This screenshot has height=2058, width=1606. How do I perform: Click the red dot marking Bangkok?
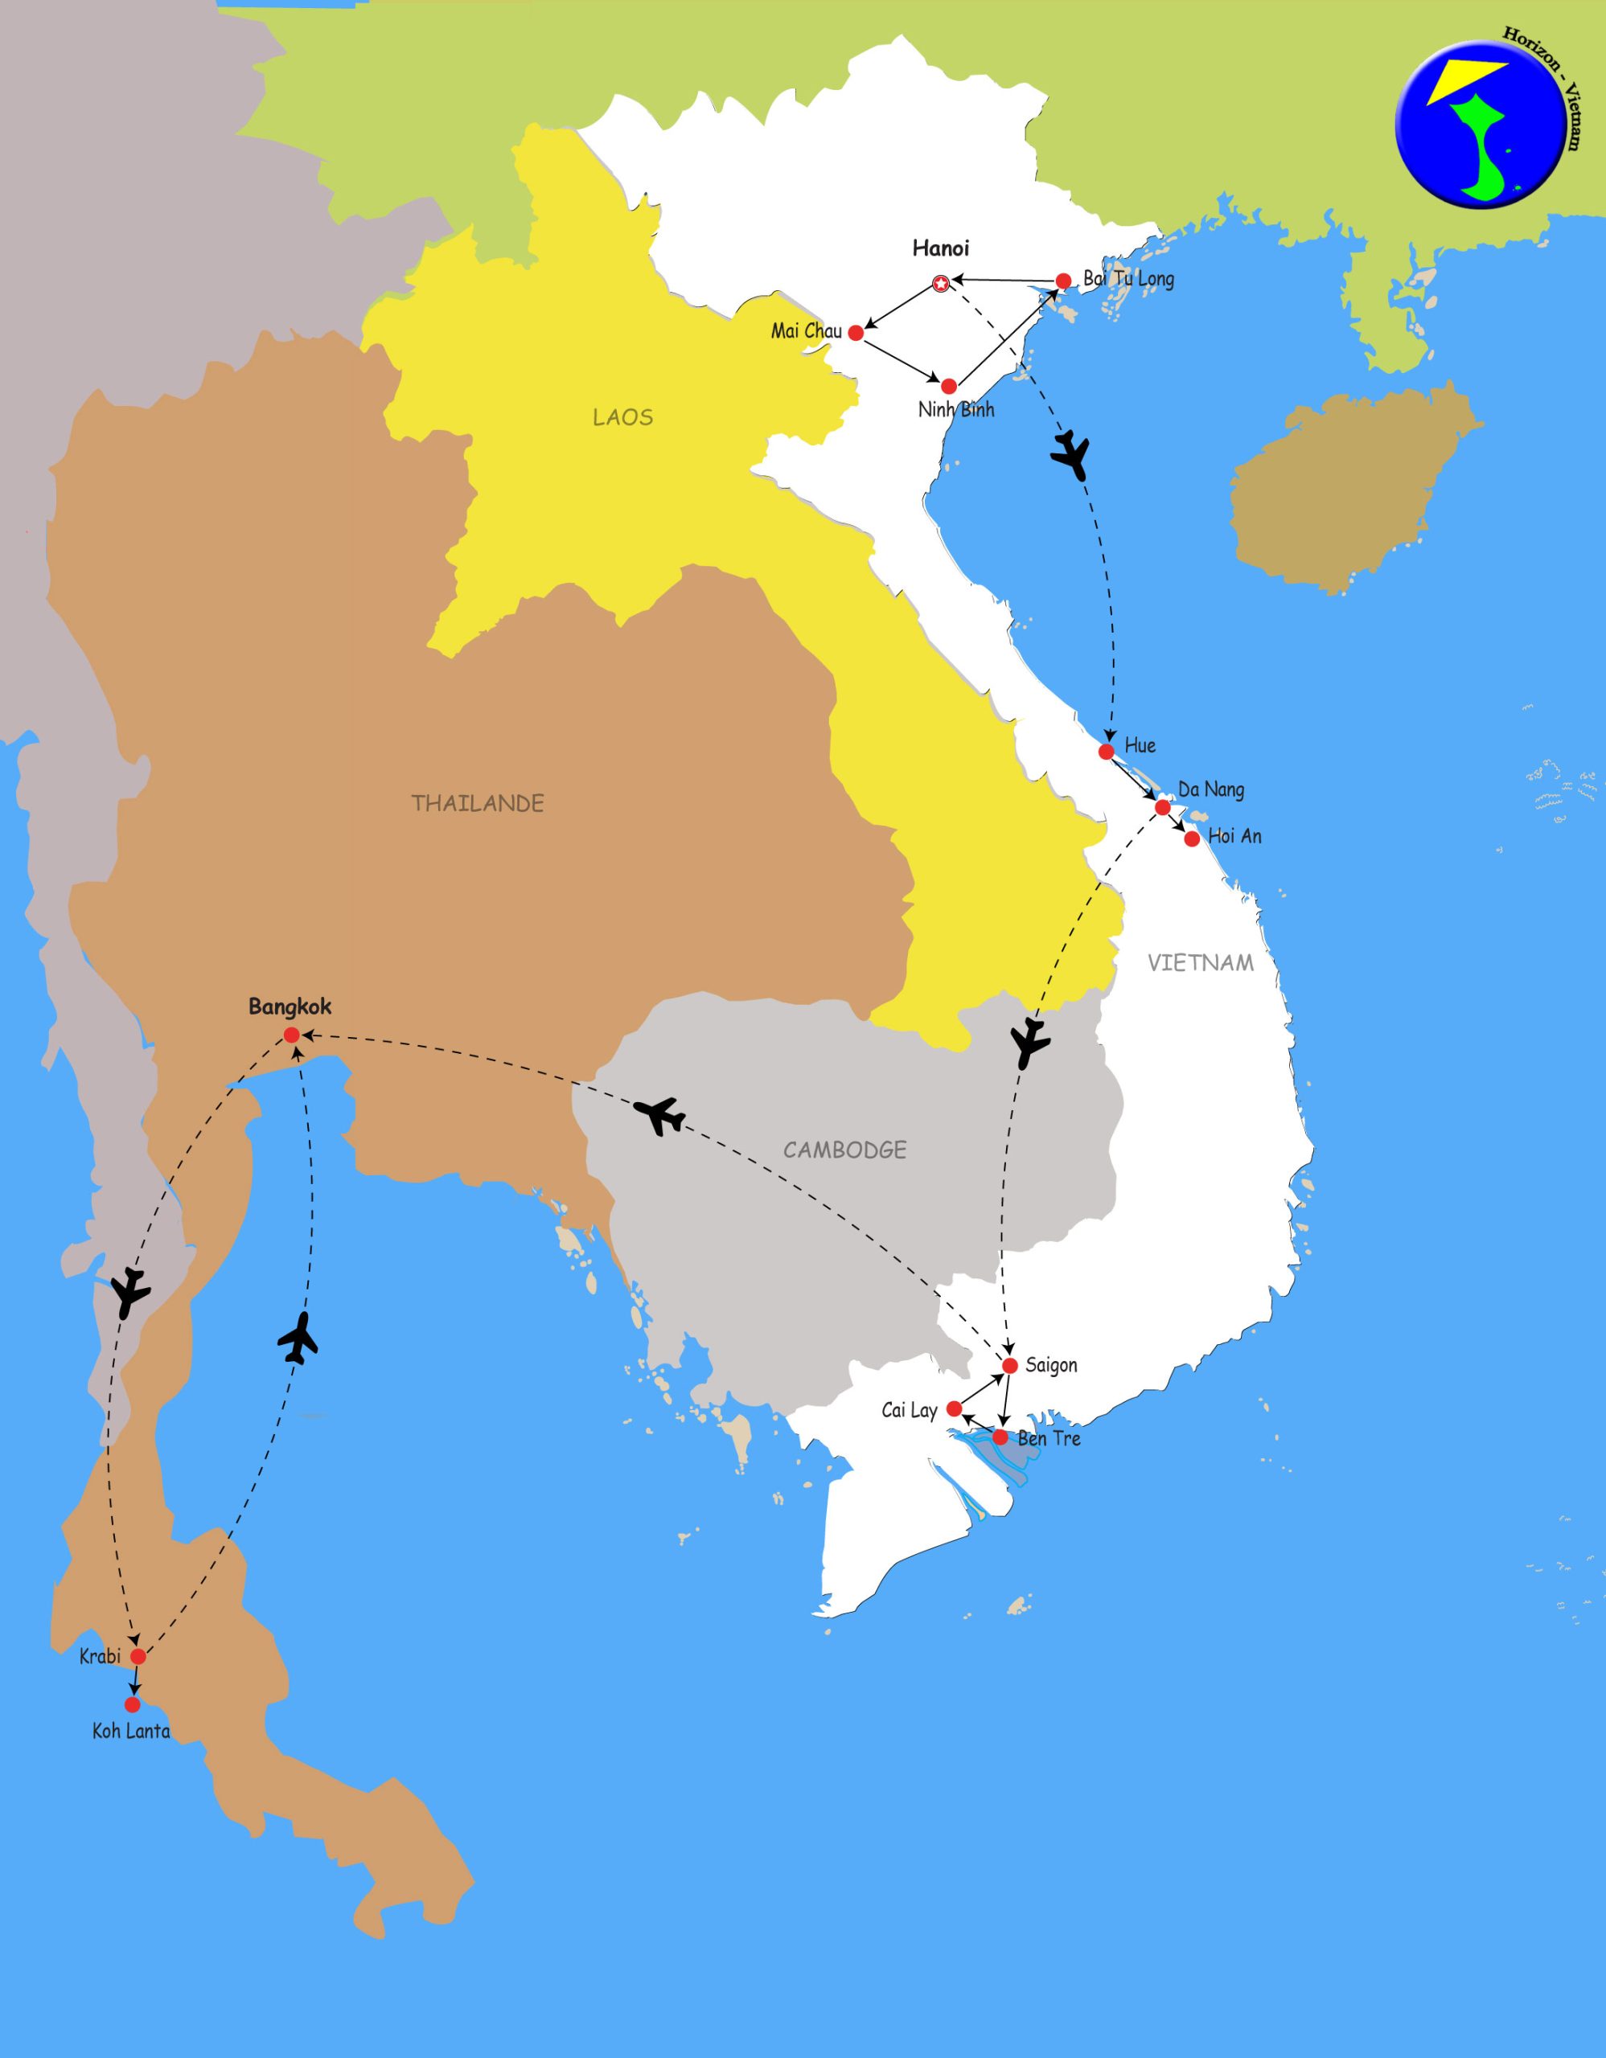[x=291, y=1035]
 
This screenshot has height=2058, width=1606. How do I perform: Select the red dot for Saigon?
[x=1010, y=1365]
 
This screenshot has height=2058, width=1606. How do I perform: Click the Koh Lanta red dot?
[x=133, y=1704]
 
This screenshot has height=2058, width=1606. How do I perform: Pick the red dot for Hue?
[x=1107, y=751]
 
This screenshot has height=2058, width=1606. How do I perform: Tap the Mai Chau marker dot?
[x=856, y=333]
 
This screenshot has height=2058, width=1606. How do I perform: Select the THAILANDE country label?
[x=478, y=804]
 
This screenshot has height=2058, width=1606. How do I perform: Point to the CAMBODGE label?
[x=844, y=1150]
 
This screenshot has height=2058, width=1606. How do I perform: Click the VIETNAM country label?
[x=1200, y=962]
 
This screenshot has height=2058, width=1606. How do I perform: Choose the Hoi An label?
[x=1234, y=836]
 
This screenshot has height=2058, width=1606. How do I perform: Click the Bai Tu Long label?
[x=1128, y=279]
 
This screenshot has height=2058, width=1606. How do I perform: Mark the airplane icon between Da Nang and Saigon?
[x=1030, y=1042]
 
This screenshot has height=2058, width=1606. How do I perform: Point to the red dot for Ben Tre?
[x=1000, y=1437]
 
